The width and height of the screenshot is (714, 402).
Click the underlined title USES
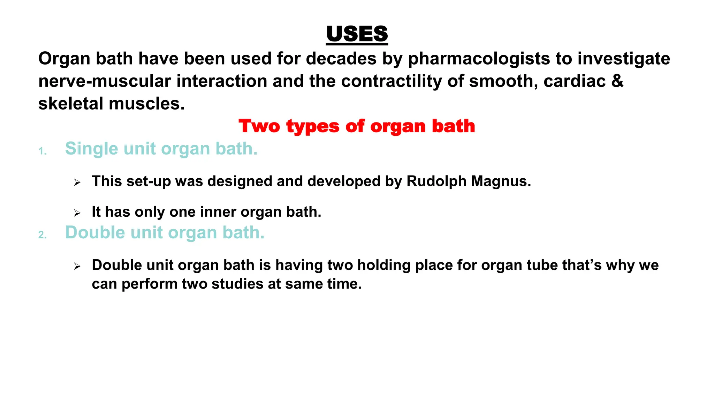pyautogui.click(x=357, y=34)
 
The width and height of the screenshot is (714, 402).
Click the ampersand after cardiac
pyautogui.click(x=617, y=81)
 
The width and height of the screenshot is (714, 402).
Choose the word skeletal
pyautogui.click(x=71, y=104)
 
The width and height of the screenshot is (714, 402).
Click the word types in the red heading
pyautogui.click(x=313, y=126)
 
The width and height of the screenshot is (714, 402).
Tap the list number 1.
pyautogui.click(x=42, y=151)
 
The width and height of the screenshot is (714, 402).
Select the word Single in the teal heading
pyautogui.click(x=92, y=149)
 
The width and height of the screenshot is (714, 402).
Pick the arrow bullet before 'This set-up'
pyautogui.click(x=77, y=182)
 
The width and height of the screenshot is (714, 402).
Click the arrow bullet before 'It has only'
pyautogui.click(x=77, y=213)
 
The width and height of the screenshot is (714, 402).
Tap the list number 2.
pyautogui.click(x=42, y=235)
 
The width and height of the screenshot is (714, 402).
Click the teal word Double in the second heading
pyautogui.click(x=95, y=232)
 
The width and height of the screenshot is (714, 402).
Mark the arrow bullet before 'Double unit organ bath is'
pyautogui.click(x=77, y=267)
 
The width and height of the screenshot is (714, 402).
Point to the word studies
pyautogui.click(x=237, y=284)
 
